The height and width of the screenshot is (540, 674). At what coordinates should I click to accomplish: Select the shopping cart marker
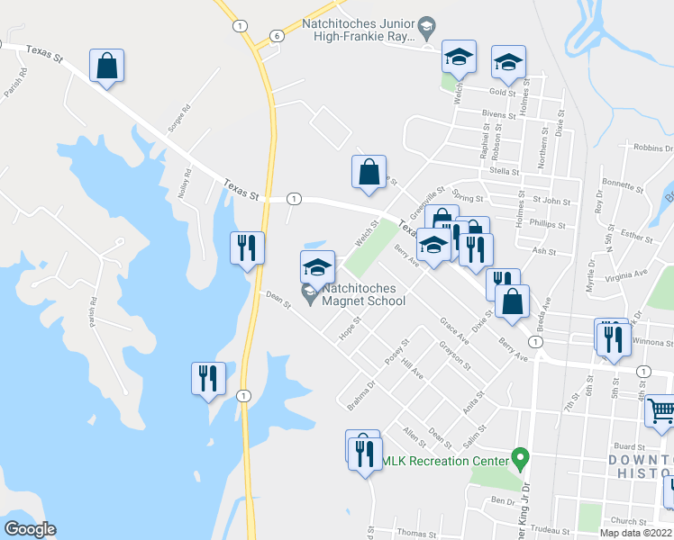tap(661, 410)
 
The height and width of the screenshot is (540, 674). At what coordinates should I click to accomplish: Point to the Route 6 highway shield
tap(277, 35)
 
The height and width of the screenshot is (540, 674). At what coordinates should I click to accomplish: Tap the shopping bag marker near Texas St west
tap(106, 66)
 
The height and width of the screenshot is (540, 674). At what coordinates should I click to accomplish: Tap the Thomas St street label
tap(416, 534)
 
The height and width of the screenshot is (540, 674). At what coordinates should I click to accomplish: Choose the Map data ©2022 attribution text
tap(636, 533)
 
